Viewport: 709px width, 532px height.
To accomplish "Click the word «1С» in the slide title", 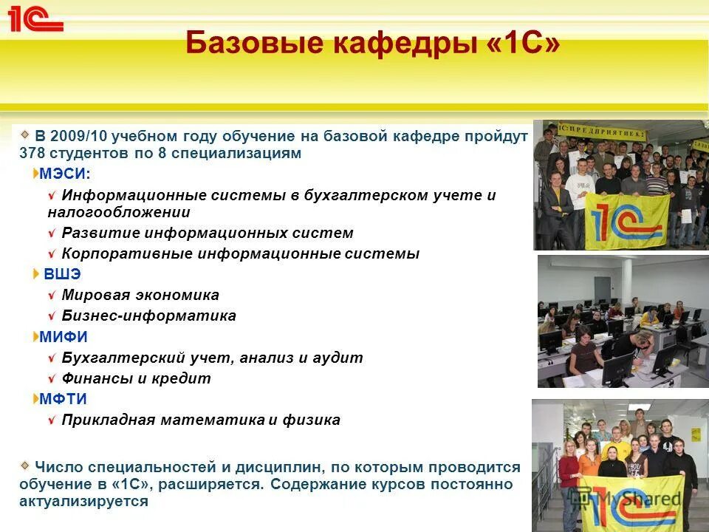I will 524,44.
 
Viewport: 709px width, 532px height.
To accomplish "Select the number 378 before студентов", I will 32,154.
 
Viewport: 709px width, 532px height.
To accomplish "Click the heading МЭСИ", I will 65,174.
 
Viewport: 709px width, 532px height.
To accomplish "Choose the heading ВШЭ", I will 62,274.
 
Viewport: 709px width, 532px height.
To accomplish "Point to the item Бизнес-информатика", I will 149,316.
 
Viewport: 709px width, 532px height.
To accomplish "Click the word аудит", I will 338,358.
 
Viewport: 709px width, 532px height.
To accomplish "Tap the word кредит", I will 185,378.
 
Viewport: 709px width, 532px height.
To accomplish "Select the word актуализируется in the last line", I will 84,501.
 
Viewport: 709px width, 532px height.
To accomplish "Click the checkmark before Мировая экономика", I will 51,296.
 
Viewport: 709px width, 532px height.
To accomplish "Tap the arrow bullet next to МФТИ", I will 36,399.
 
